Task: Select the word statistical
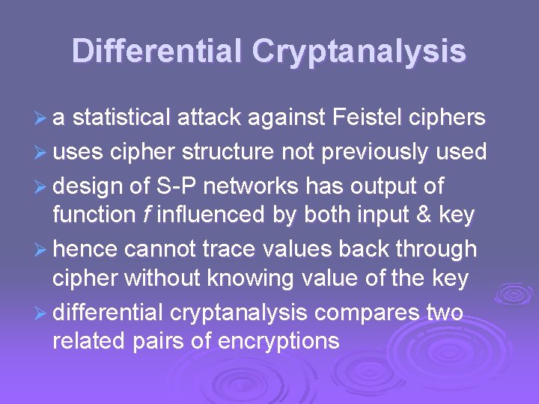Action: pos(124,117)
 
